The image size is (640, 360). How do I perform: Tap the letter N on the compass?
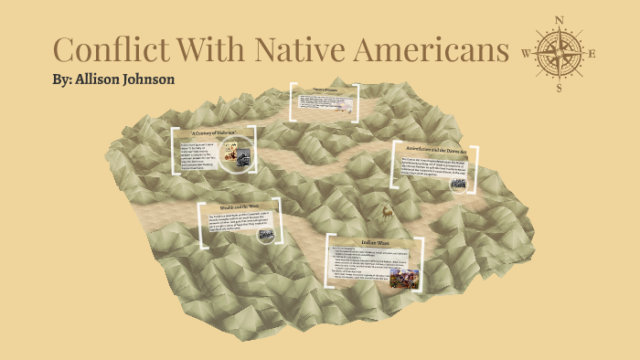click(x=560, y=17)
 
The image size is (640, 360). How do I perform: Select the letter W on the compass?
click(x=526, y=53)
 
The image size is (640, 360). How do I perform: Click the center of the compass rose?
click(x=560, y=52)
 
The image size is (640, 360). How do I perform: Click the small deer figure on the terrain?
click(x=387, y=211)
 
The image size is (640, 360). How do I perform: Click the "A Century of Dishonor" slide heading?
click(x=213, y=133)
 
